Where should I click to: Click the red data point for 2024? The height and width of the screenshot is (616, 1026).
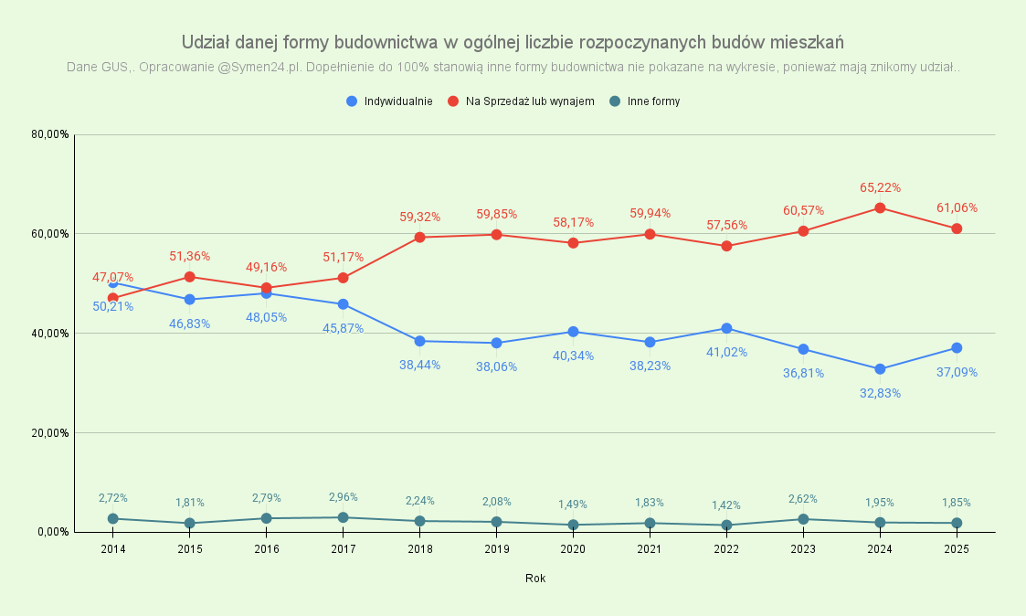(880, 207)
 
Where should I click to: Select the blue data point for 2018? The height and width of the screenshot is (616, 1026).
(420, 341)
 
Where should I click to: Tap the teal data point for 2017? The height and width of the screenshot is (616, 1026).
(344, 517)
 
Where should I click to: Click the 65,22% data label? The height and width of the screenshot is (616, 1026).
(880, 187)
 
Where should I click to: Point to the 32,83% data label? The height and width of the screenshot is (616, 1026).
(880, 393)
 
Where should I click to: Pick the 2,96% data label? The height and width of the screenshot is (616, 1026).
(344, 497)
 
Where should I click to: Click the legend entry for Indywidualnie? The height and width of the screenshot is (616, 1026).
(390, 101)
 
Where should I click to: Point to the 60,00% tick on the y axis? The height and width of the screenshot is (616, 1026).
(51, 234)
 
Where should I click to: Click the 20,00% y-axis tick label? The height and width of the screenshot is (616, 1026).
(51, 433)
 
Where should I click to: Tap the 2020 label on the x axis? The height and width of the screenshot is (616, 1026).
(574, 549)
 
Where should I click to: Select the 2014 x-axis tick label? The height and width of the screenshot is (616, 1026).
(113, 549)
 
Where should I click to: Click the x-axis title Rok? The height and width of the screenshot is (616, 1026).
(535, 579)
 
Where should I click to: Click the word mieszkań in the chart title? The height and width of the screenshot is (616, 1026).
(807, 42)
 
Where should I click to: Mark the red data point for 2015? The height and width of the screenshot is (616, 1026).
(190, 277)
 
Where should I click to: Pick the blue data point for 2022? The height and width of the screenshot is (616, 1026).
(726, 328)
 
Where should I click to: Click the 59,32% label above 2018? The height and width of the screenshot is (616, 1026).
(420, 217)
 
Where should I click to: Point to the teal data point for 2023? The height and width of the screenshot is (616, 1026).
(803, 519)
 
